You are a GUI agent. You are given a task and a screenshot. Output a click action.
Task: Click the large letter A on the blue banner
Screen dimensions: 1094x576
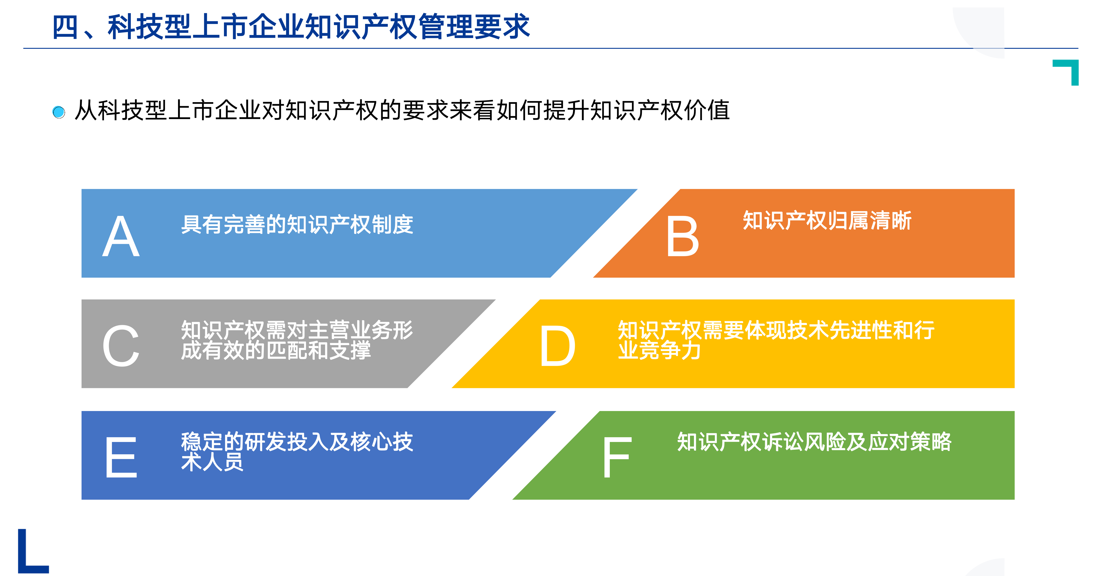tap(121, 236)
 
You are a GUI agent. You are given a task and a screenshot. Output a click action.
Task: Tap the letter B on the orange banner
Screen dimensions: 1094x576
tap(683, 236)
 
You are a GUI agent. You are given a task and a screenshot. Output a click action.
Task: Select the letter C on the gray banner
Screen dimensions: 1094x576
tap(121, 346)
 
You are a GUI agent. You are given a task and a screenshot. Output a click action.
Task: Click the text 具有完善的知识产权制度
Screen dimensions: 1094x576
tap(297, 225)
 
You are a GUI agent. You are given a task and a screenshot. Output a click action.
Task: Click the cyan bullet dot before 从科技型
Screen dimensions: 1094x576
tap(59, 112)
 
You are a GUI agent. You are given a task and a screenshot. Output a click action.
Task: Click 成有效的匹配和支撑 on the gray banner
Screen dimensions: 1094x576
tap(276, 350)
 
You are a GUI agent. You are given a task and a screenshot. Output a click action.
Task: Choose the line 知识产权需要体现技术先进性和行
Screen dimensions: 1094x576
tap(776, 330)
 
